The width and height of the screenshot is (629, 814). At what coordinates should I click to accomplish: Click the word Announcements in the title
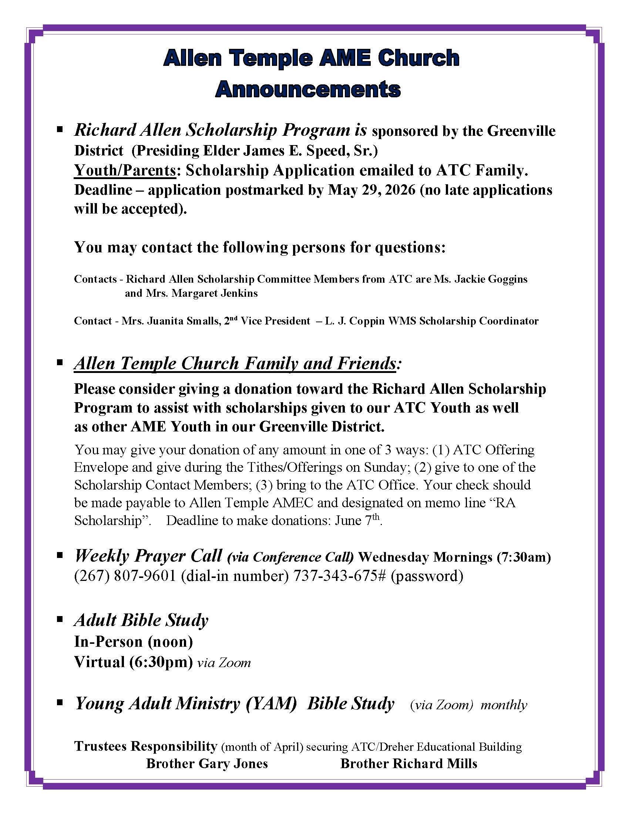(x=307, y=90)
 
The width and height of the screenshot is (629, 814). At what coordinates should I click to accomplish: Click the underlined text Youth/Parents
(x=125, y=170)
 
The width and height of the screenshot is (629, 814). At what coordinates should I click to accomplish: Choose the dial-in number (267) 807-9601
(x=125, y=576)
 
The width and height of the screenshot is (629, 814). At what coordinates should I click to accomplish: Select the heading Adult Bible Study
(x=141, y=620)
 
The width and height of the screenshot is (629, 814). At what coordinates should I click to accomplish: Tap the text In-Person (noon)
(x=134, y=642)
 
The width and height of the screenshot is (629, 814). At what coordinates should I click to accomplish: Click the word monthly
(x=504, y=705)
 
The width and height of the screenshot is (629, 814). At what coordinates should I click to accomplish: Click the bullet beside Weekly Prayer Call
(x=59, y=555)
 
